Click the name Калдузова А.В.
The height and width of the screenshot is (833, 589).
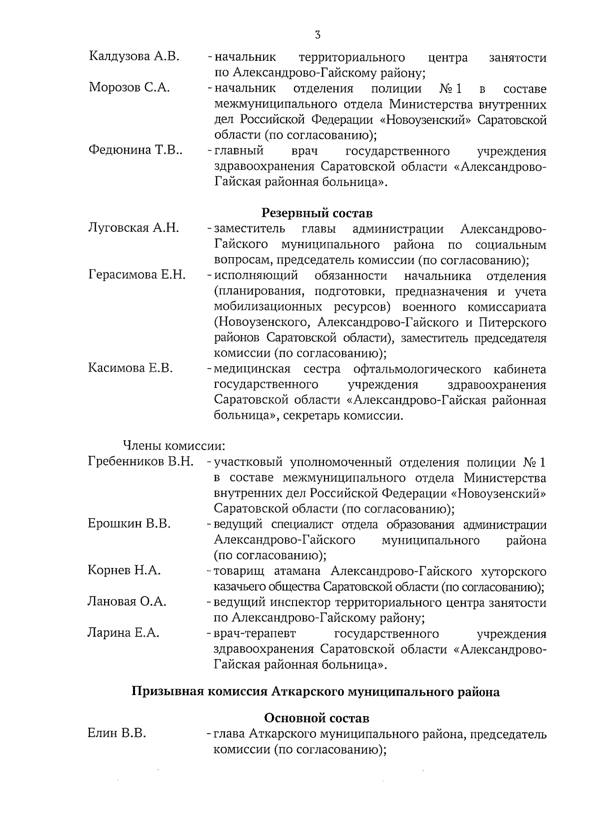(x=134, y=57)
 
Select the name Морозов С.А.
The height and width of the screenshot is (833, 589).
(x=130, y=88)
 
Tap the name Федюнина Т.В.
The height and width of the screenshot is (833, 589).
(x=136, y=150)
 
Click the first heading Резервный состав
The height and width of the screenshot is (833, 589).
(x=317, y=213)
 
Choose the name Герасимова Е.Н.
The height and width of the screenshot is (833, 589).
(x=137, y=275)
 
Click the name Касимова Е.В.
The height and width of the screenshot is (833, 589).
(x=131, y=368)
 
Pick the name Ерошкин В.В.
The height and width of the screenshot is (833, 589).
(x=130, y=524)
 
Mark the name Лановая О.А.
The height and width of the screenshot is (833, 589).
(x=127, y=602)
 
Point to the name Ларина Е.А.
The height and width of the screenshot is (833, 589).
(x=124, y=633)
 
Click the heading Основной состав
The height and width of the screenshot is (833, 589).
(x=317, y=719)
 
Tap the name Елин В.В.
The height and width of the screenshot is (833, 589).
(x=117, y=734)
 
